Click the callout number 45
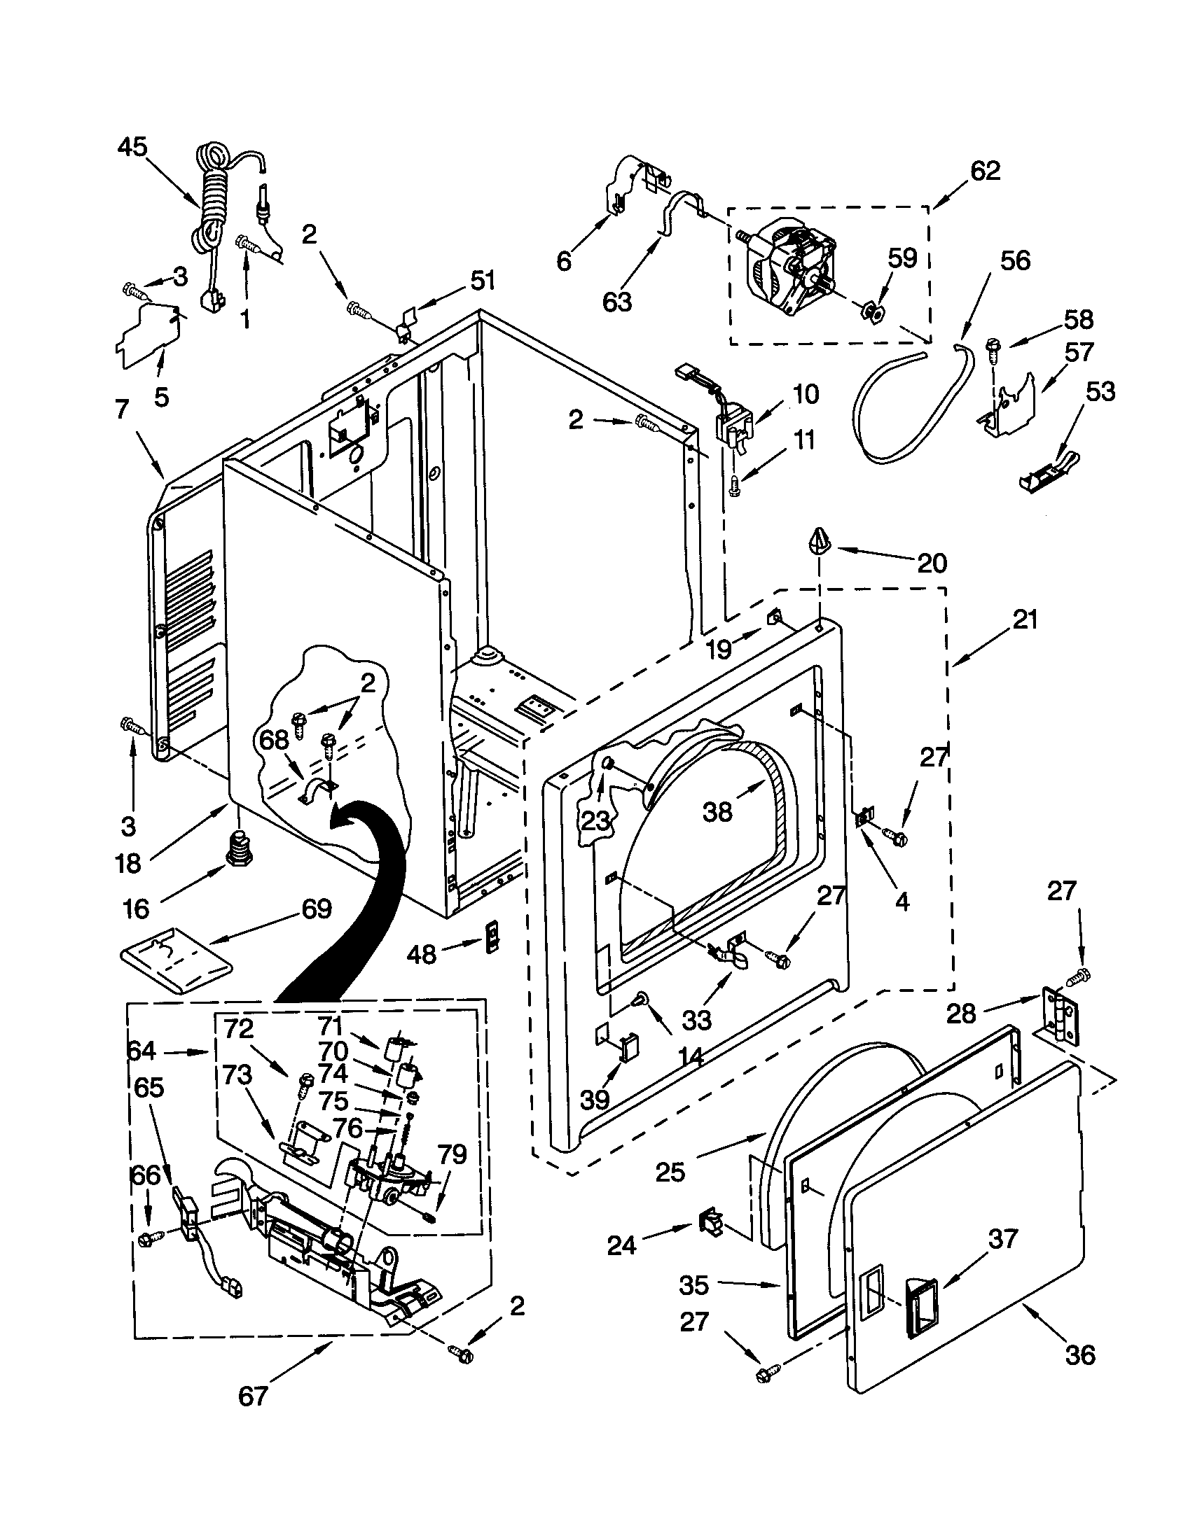pyautogui.click(x=132, y=148)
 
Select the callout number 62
pyautogui.click(x=985, y=171)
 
